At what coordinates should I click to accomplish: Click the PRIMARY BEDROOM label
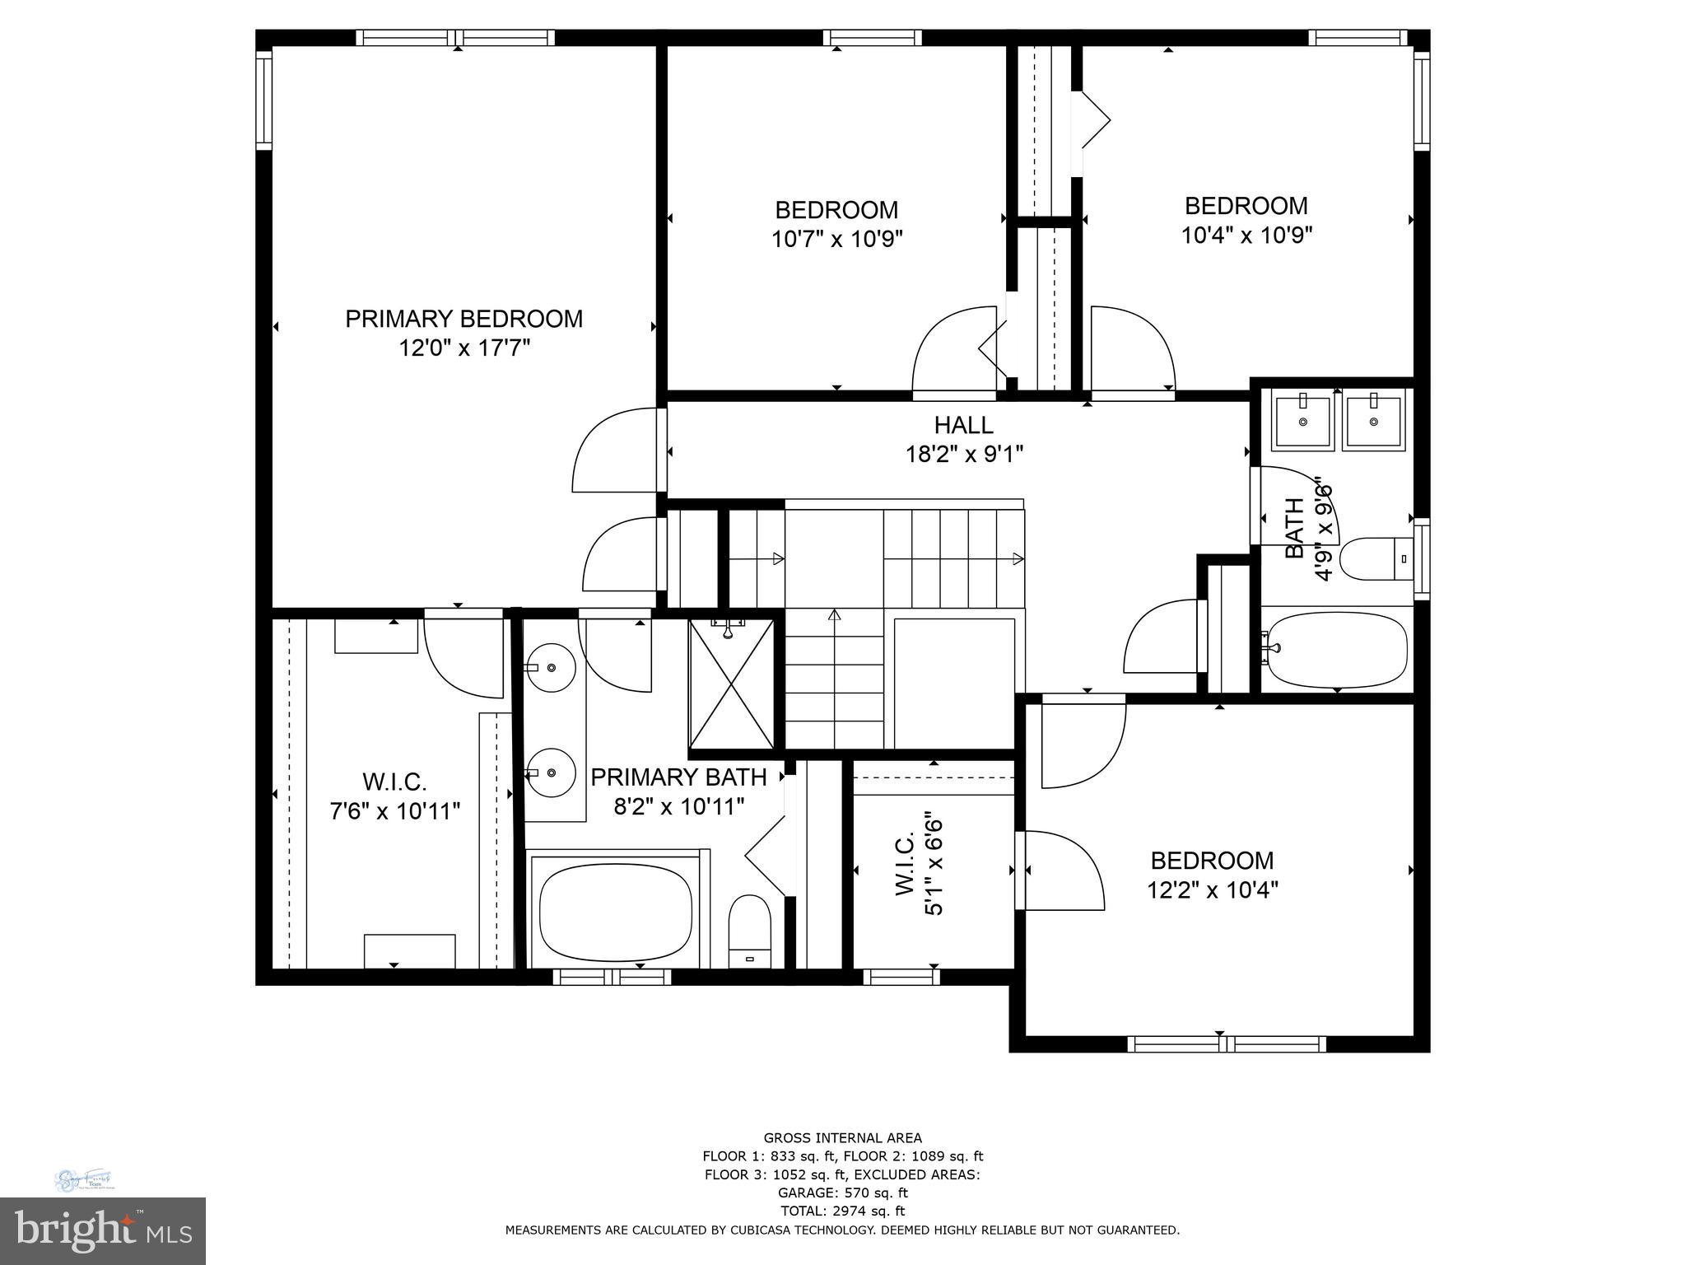click(x=463, y=319)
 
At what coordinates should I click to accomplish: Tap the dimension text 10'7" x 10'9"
click(x=836, y=240)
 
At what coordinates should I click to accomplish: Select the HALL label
click(x=963, y=425)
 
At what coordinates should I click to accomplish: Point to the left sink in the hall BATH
click(x=1302, y=422)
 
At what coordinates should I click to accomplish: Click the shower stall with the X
click(x=731, y=684)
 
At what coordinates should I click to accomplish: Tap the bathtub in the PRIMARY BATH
click(x=615, y=910)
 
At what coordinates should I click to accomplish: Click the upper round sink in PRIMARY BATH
click(x=551, y=666)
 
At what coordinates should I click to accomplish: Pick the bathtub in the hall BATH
click(x=1335, y=651)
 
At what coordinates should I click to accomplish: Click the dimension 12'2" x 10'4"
click(x=1212, y=890)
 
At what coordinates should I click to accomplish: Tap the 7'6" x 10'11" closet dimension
click(x=394, y=811)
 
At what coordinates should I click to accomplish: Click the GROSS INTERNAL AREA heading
click(x=842, y=1138)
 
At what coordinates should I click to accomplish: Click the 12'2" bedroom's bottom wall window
click(x=1226, y=1044)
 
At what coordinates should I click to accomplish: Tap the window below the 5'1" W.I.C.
click(x=901, y=977)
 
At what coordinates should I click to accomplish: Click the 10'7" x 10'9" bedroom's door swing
click(x=955, y=350)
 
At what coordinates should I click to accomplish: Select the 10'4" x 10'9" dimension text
click(x=1246, y=236)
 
